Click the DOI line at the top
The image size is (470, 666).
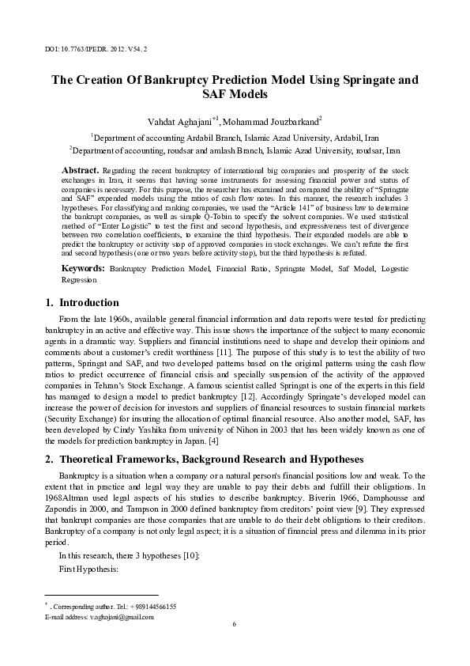coord(96,48)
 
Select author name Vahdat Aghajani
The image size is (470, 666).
coord(180,122)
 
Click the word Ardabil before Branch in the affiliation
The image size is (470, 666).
coord(184,136)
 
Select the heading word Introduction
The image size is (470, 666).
coord(89,303)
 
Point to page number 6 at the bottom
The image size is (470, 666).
coord(235,625)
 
